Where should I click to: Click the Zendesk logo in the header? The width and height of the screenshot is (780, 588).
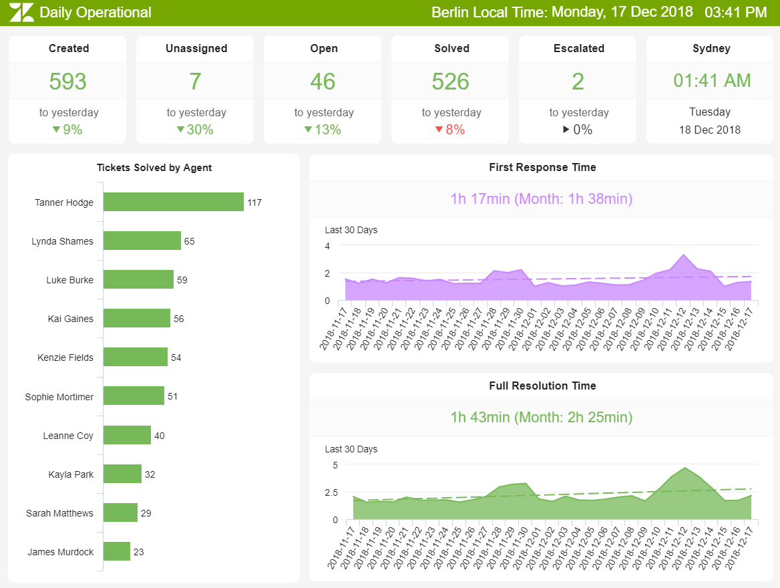tap(21, 12)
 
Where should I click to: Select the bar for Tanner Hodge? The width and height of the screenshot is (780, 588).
tap(174, 202)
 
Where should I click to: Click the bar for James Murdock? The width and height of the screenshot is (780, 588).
tap(117, 551)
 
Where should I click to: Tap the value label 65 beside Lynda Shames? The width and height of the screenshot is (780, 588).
tap(190, 241)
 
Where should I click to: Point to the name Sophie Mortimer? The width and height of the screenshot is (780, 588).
tap(59, 397)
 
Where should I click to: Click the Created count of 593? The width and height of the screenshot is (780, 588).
tap(67, 81)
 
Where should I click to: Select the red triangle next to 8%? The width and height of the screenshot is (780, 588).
tap(439, 130)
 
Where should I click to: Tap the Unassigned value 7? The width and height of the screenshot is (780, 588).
tap(195, 81)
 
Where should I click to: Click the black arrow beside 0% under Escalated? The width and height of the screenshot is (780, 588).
tap(566, 130)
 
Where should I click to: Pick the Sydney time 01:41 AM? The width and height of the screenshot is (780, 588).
tap(711, 81)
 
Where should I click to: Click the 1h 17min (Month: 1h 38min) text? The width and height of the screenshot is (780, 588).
tap(542, 198)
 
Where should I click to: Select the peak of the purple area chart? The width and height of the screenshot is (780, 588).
tap(683, 255)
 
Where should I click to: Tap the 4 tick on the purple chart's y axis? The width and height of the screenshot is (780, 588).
tap(327, 246)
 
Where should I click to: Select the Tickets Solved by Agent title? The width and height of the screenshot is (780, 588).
tap(154, 168)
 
